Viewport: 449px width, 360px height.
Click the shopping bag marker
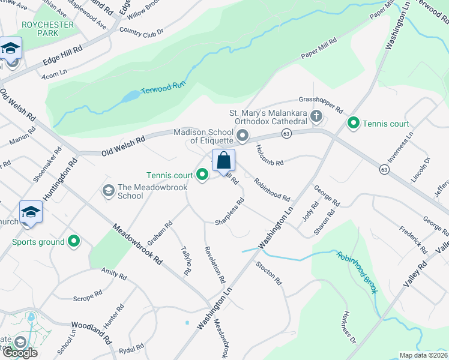223,161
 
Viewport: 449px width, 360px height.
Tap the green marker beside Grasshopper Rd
354,124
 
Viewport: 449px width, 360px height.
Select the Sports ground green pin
74,242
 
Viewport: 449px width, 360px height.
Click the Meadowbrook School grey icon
109,191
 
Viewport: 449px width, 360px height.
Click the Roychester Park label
47,29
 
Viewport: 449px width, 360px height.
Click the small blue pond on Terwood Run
131,97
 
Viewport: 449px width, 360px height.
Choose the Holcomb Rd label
268,155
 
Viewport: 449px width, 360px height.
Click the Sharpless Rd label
229,214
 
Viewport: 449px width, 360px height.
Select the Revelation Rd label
214,265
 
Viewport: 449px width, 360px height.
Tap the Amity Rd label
113,275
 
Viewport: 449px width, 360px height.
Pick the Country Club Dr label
142,29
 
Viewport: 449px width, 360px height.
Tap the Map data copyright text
423,355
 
